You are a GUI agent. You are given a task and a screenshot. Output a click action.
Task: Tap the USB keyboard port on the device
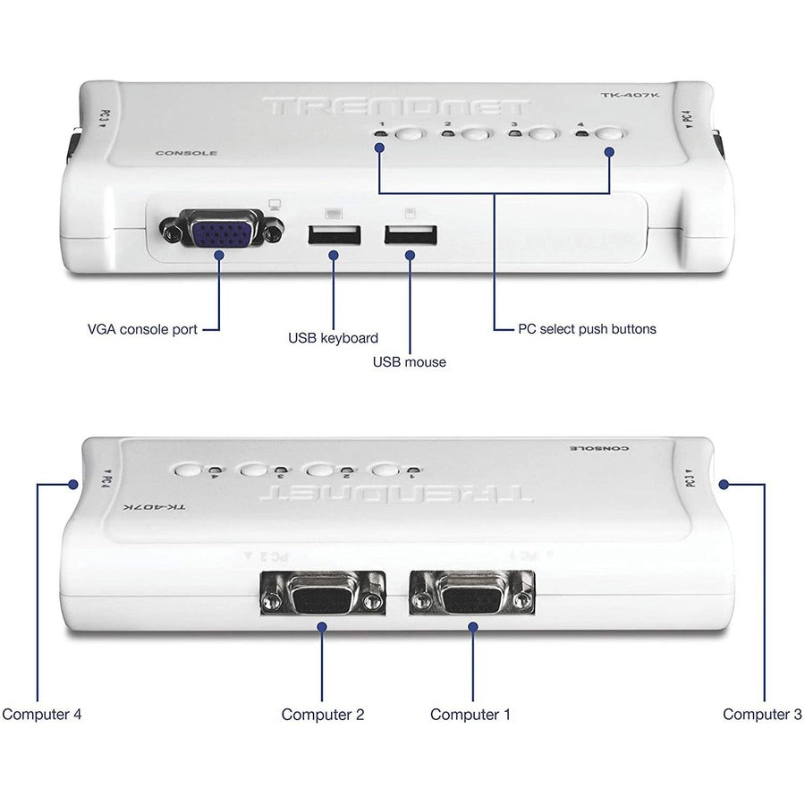pyautogui.click(x=335, y=236)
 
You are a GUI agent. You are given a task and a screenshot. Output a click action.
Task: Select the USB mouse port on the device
pyautogui.click(x=411, y=236)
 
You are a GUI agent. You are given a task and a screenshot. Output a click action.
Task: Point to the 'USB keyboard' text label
pyautogui.click(x=333, y=338)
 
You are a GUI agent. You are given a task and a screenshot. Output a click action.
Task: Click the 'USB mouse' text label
pyautogui.click(x=409, y=361)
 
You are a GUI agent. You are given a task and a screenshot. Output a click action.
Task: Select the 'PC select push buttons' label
pyautogui.click(x=587, y=328)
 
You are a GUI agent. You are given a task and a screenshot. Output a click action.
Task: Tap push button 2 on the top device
pyautogui.click(x=476, y=136)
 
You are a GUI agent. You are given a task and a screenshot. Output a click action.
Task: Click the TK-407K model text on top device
pyautogui.click(x=624, y=96)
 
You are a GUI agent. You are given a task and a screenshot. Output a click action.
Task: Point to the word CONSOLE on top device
pyautogui.click(x=186, y=153)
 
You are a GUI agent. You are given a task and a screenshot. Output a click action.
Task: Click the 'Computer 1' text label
pyautogui.click(x=471, y=714)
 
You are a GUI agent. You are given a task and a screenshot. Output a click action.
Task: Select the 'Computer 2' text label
pyautogui.click(x=322, y=714)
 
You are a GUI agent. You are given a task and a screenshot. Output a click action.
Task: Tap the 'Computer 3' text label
pyautogui.click(x=762, y=714)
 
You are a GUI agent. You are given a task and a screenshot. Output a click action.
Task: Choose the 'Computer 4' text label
pyautogui.click(x=42, y=714)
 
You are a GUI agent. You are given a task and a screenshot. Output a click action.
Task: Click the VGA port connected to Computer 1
pyautogui.click(x=471, y=593)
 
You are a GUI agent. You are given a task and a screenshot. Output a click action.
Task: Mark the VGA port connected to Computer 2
pyautogui.click(x=322, y=593)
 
